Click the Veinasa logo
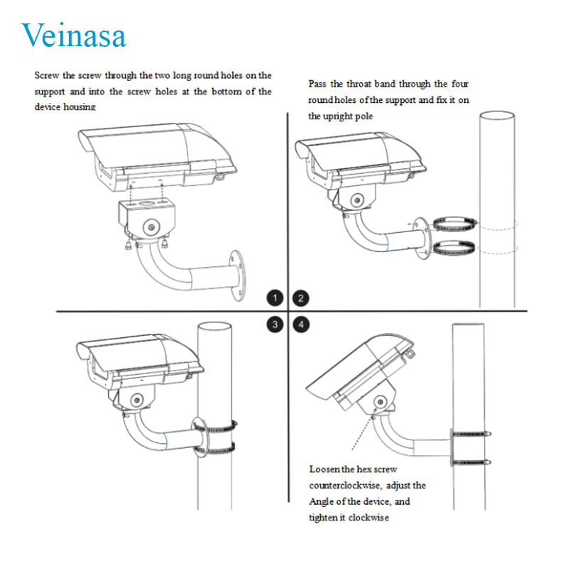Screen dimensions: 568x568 [x=74, y=35]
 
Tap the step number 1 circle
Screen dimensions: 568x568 [x=275, y=298]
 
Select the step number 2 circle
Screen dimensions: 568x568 [x=300, y=298]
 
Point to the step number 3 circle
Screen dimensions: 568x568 [x=275, y=324]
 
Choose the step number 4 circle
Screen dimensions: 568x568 [x=300, y=324]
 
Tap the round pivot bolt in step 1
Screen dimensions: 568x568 [x=151, y=227]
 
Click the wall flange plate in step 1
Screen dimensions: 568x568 [x=237, y=275]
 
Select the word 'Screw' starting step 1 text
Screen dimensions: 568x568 [x=47, y=76]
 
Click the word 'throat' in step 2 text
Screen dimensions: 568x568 [x=359, y=84]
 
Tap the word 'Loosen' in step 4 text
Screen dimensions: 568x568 [x=324, y=469]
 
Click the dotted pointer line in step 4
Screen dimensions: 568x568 [x=363, y=432]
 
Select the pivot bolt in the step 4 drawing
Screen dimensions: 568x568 [x=380, y=402]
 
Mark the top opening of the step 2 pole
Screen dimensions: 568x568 [x=497, y=115]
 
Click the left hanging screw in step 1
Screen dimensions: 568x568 [x=129, y=245]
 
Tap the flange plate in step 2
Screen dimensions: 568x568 [x=422, y=238]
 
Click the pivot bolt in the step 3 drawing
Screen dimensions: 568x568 [x=136, y=400]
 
